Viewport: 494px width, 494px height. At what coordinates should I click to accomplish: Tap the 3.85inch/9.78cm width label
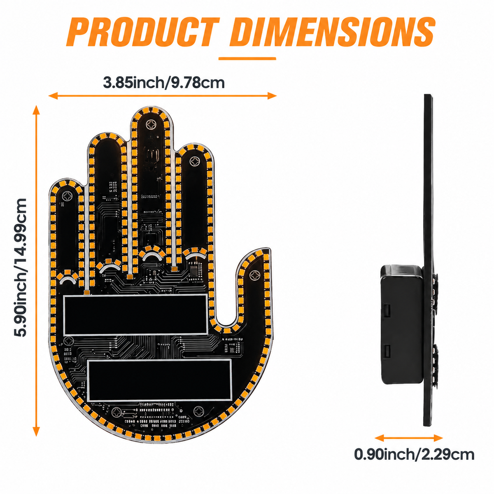163,83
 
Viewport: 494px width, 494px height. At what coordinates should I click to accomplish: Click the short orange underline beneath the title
247,58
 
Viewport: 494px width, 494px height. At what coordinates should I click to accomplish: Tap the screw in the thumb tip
255,275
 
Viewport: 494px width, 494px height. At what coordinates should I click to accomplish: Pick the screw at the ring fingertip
195,161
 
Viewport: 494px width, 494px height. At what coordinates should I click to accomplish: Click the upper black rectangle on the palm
135,315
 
